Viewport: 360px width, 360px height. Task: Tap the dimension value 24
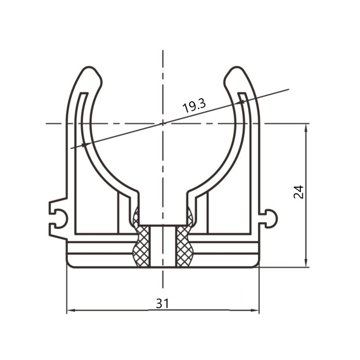pos(298,192)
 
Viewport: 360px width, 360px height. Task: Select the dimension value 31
pos(163,303)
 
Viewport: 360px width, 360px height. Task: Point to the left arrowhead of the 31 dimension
pos(71,311)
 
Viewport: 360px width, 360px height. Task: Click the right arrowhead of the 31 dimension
pos(255,311)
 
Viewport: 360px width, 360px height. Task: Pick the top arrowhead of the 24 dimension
pos(305,128)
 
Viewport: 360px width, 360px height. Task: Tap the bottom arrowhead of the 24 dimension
pos(305,263)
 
